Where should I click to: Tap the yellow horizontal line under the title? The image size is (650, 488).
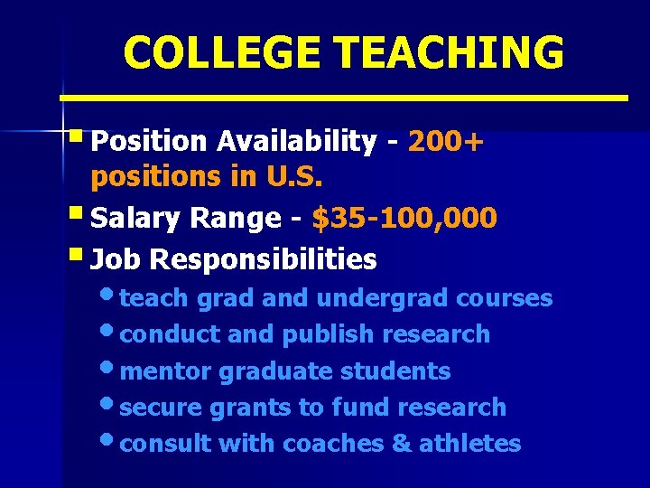coord(344,97)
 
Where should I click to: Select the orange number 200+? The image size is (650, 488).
coord(445,141)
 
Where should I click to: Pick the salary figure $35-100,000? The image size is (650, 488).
coord(404,218)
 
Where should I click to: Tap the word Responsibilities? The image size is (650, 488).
coord(263,260)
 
